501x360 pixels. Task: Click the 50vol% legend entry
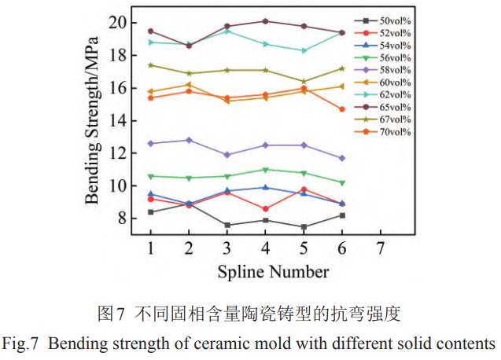coord(391,20)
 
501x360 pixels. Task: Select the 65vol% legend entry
coord(391,107)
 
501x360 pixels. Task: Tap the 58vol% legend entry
coord(391,70)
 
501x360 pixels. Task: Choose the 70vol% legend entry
coord(391,131)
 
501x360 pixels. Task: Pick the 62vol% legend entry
coord(391,94)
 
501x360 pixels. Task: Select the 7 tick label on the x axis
coord(381,248)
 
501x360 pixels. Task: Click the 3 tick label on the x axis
coord(227,248)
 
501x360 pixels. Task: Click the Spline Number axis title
coord(273,272)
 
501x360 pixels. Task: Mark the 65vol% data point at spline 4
coord(265,21)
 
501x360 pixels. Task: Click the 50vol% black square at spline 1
coord(150,212)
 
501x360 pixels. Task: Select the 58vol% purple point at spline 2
coord(189,140)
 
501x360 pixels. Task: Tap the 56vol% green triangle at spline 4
coord(265,170)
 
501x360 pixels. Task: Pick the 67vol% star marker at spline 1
coord(150,65)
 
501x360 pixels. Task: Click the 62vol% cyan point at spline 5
coord(304,50)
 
